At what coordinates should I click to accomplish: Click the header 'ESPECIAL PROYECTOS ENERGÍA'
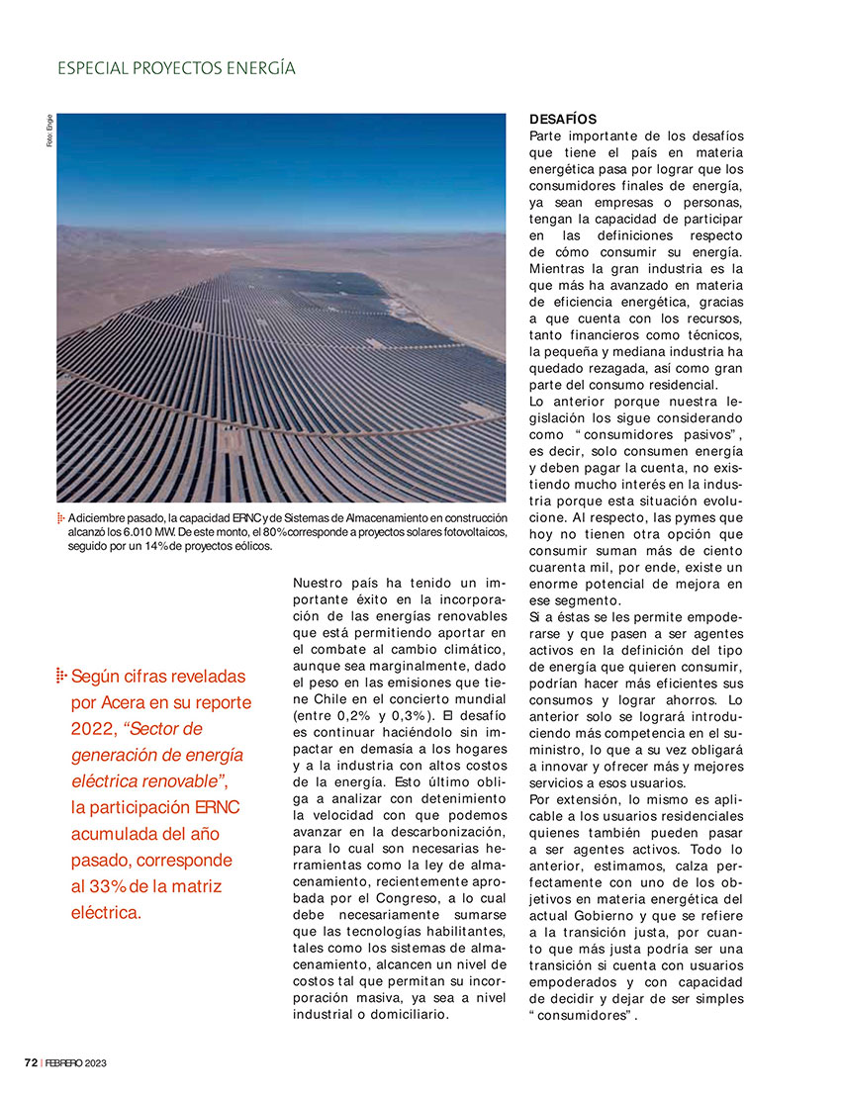pyautogui.click(x=176, y=68)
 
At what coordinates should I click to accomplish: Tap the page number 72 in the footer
pyautogui.click(x=31, y=1062)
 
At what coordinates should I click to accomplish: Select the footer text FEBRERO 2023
pyautogui.click(x=75, y=1062)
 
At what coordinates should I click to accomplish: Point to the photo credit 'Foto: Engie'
pyautogui.click(x=48, y=132)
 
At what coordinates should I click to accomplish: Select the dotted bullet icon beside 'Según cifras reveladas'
pyautogui.click(x=61, y=676)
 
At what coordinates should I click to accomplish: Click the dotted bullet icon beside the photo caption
pyautogui.click(x=61, y=518)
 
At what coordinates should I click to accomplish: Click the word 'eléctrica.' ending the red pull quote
pyautogui.click(x=107, y=912)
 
